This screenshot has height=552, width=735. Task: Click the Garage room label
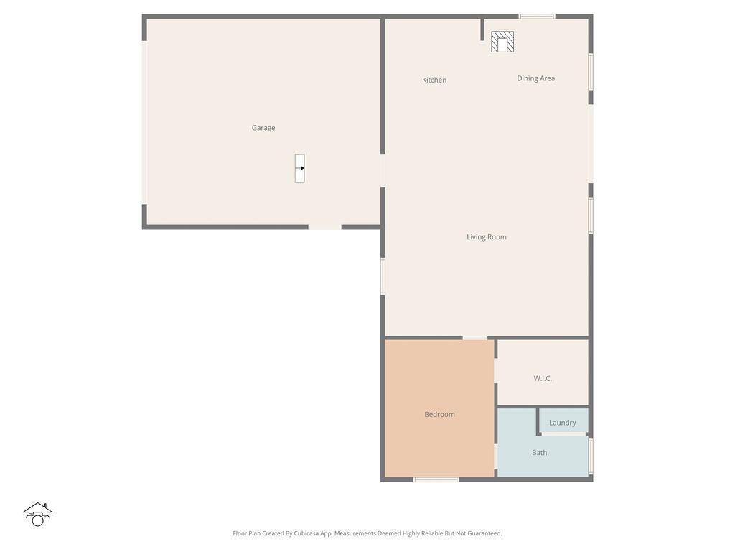point(263,128)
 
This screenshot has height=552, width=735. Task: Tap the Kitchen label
point(434,80)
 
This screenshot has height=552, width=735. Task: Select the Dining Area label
point(536,78)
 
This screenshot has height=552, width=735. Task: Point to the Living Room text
point(487,237)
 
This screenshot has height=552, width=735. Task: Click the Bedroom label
point(439,415)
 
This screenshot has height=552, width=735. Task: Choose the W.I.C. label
point(543,378)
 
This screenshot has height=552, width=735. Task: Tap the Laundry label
point(563,423)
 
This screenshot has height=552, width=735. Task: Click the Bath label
point(540,453)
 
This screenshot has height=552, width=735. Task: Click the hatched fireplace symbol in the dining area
point(502,42)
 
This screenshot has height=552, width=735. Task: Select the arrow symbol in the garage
point(300,168)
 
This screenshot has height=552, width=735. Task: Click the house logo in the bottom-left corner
point(37,514)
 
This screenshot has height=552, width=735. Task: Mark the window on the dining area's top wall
point(537,17)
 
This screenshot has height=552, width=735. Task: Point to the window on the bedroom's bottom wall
point(436,479)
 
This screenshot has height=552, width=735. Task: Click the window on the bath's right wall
point(591,456)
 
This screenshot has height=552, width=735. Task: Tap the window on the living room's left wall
point(383,277)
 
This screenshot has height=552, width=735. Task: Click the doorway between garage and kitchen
point(383,170)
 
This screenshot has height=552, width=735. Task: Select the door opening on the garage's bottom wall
point(324,227)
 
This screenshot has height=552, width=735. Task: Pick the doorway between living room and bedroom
point(475,337)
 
